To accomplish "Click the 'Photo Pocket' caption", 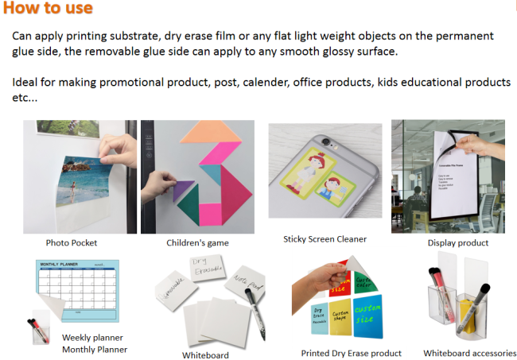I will pyautogui.click(x=71, y=242).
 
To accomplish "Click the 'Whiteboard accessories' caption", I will pyautogui.click(x=469, y=352).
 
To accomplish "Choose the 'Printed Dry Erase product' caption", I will pyautogui.click(x=351, y=353).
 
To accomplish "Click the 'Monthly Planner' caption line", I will pyautogui.click(x=95, y=349).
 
